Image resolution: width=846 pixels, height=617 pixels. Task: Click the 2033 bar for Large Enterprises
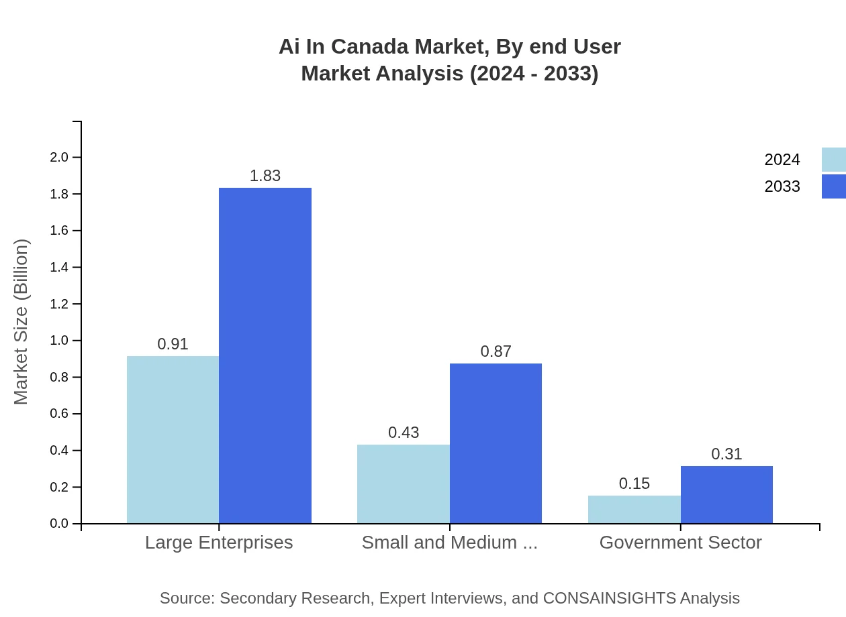click(x=265, y=355)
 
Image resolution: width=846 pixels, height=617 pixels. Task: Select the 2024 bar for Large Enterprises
click(x=173, y=439)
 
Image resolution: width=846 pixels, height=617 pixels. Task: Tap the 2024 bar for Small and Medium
click(x=403, y=484)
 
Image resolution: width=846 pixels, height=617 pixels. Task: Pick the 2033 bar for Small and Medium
click(x=496, y=443)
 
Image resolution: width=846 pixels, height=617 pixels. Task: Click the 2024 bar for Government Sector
click(x=634, y=510)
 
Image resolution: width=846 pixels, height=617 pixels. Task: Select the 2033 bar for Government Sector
click(x=726, y=495)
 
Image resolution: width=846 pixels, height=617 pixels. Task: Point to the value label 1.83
click(x=265, y=176)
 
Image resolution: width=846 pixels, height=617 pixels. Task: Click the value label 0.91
click(x=173, y=344)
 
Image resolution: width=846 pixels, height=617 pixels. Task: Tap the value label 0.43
click(x=404, y=433)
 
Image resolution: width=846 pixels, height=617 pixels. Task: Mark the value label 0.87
click(x=496, y=351)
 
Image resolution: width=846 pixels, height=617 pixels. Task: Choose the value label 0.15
click(x=634, y=484)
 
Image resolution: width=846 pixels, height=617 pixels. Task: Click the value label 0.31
click(x=726, y=454)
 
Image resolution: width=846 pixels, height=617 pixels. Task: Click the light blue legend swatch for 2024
click(x=833, y=160)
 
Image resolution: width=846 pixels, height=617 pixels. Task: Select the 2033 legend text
click(x=782, y=186)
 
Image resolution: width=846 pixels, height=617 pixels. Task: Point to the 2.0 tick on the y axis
click(x=59, y=158)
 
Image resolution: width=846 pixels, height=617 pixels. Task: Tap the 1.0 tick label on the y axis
click(x=59, y=341)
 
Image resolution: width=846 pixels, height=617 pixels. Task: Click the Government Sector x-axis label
click(x=680, y=543)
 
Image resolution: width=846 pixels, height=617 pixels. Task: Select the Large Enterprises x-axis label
click(x=219, y=543)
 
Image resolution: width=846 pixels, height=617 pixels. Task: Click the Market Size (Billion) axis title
click(x=21, y=322)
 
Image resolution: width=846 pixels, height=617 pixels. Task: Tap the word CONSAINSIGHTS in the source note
click(x=609, y=598)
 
